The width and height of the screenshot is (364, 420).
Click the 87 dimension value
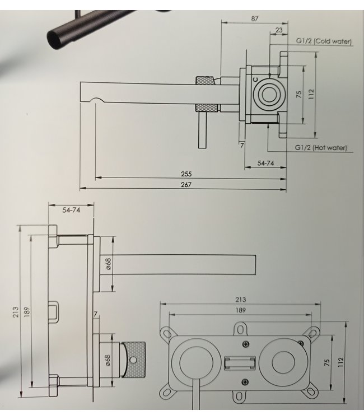click(255, 18)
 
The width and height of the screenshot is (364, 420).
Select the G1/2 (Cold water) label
click(323, 41)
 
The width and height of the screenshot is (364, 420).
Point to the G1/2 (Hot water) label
click(321, 148)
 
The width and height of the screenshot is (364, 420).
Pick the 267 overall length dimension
click(186, 185)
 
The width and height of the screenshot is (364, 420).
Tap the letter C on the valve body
click(255, 81)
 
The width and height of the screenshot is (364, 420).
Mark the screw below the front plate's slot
click(245, 382)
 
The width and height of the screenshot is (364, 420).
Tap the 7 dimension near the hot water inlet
click(241, 145)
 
